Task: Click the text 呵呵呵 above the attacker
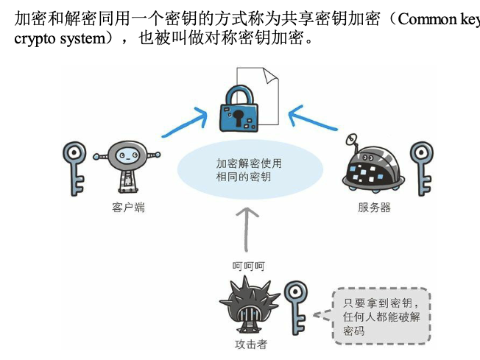click(x=248, y=266)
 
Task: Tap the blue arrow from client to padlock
click(x=186, y=124)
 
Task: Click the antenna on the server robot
click(x=352, y=139)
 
